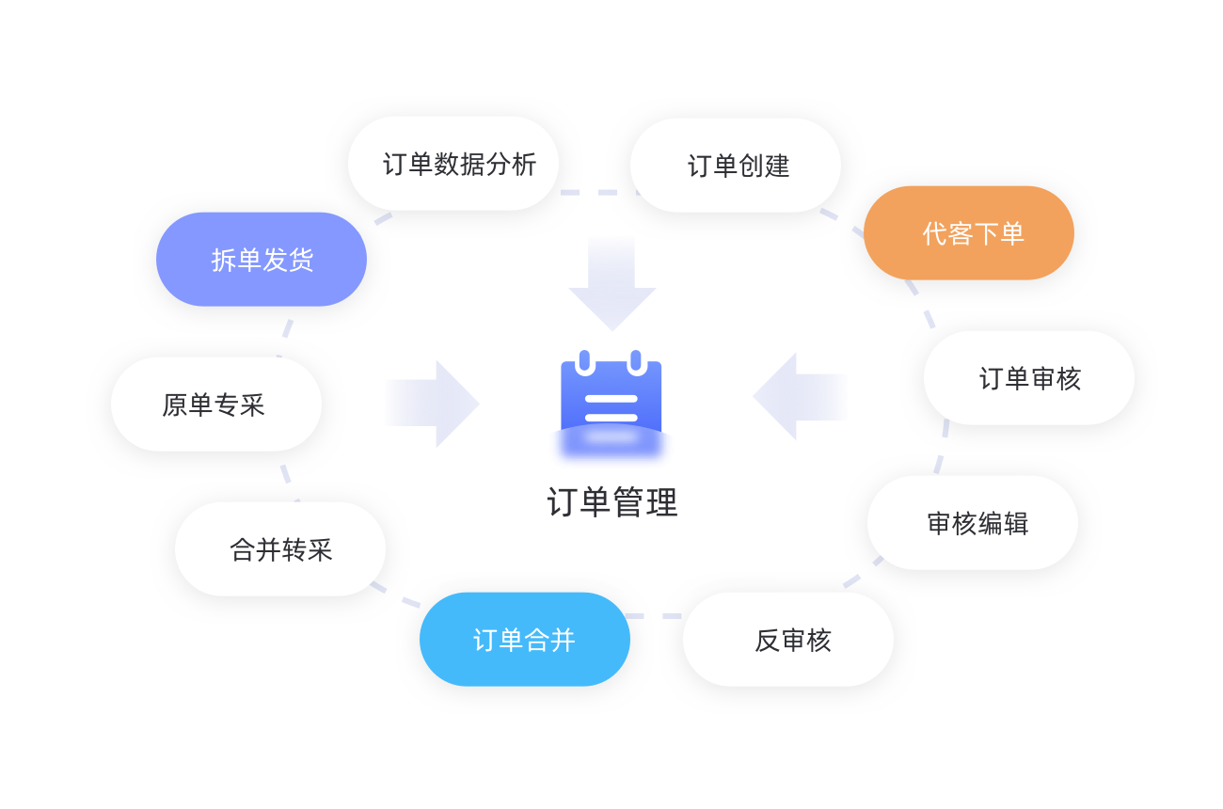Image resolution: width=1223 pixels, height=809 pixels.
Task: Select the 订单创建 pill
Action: [x=736, y=166]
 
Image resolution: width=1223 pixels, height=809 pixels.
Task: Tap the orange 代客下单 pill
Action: [x=969, y=233]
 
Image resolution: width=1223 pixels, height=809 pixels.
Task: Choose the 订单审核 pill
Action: [x=1029, y=378]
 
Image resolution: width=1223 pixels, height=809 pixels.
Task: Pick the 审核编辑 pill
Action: [x=973, y=523]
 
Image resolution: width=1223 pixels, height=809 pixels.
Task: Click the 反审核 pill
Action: [x=788, y=640]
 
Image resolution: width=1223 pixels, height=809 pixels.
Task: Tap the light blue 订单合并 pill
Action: [x=525, y=640]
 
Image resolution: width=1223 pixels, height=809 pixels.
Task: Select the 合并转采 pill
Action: [x=280, y=549]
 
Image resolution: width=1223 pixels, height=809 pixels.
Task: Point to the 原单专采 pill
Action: [x=216, y=404]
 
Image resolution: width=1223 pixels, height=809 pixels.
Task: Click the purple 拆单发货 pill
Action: [x=262, y=260]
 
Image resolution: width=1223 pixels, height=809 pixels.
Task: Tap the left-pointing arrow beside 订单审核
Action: [x=801, y=396]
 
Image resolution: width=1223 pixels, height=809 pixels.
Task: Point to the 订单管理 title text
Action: [x=611, y=502]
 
